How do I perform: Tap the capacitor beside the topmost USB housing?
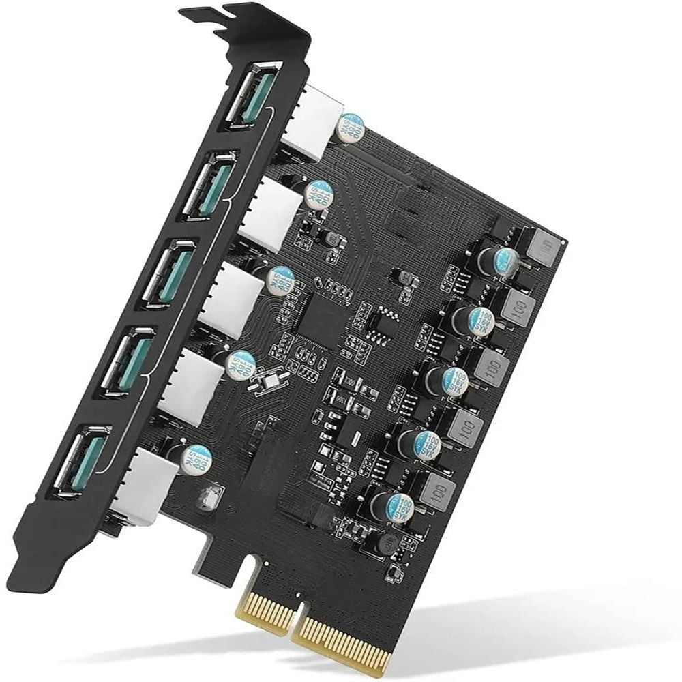coord(352,128)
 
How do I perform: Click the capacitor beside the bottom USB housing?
coord(196,460)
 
